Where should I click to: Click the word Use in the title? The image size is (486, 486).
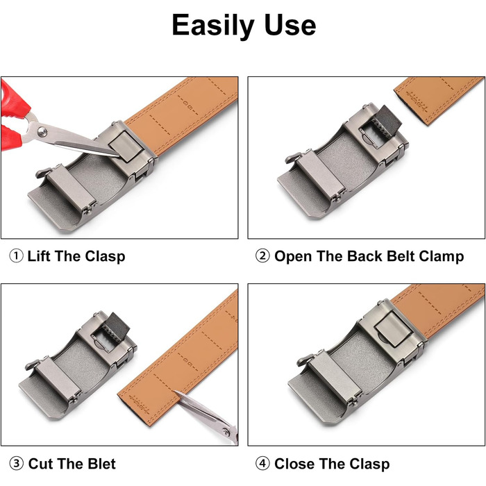coord(290,25)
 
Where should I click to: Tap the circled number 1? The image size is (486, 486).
coord(16,256)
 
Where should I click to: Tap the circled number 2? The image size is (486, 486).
coord(262,256)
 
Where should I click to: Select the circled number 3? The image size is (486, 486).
coord(16,464)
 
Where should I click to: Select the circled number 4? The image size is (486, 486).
coord(262,464)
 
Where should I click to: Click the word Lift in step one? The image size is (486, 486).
coord(39,256)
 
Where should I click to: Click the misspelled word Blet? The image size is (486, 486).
coord(101,464)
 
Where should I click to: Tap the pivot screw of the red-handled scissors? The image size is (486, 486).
coord(42,132)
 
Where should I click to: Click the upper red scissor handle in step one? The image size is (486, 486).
coord(14,99)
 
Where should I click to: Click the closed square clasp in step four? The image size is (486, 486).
coord(394,329)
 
